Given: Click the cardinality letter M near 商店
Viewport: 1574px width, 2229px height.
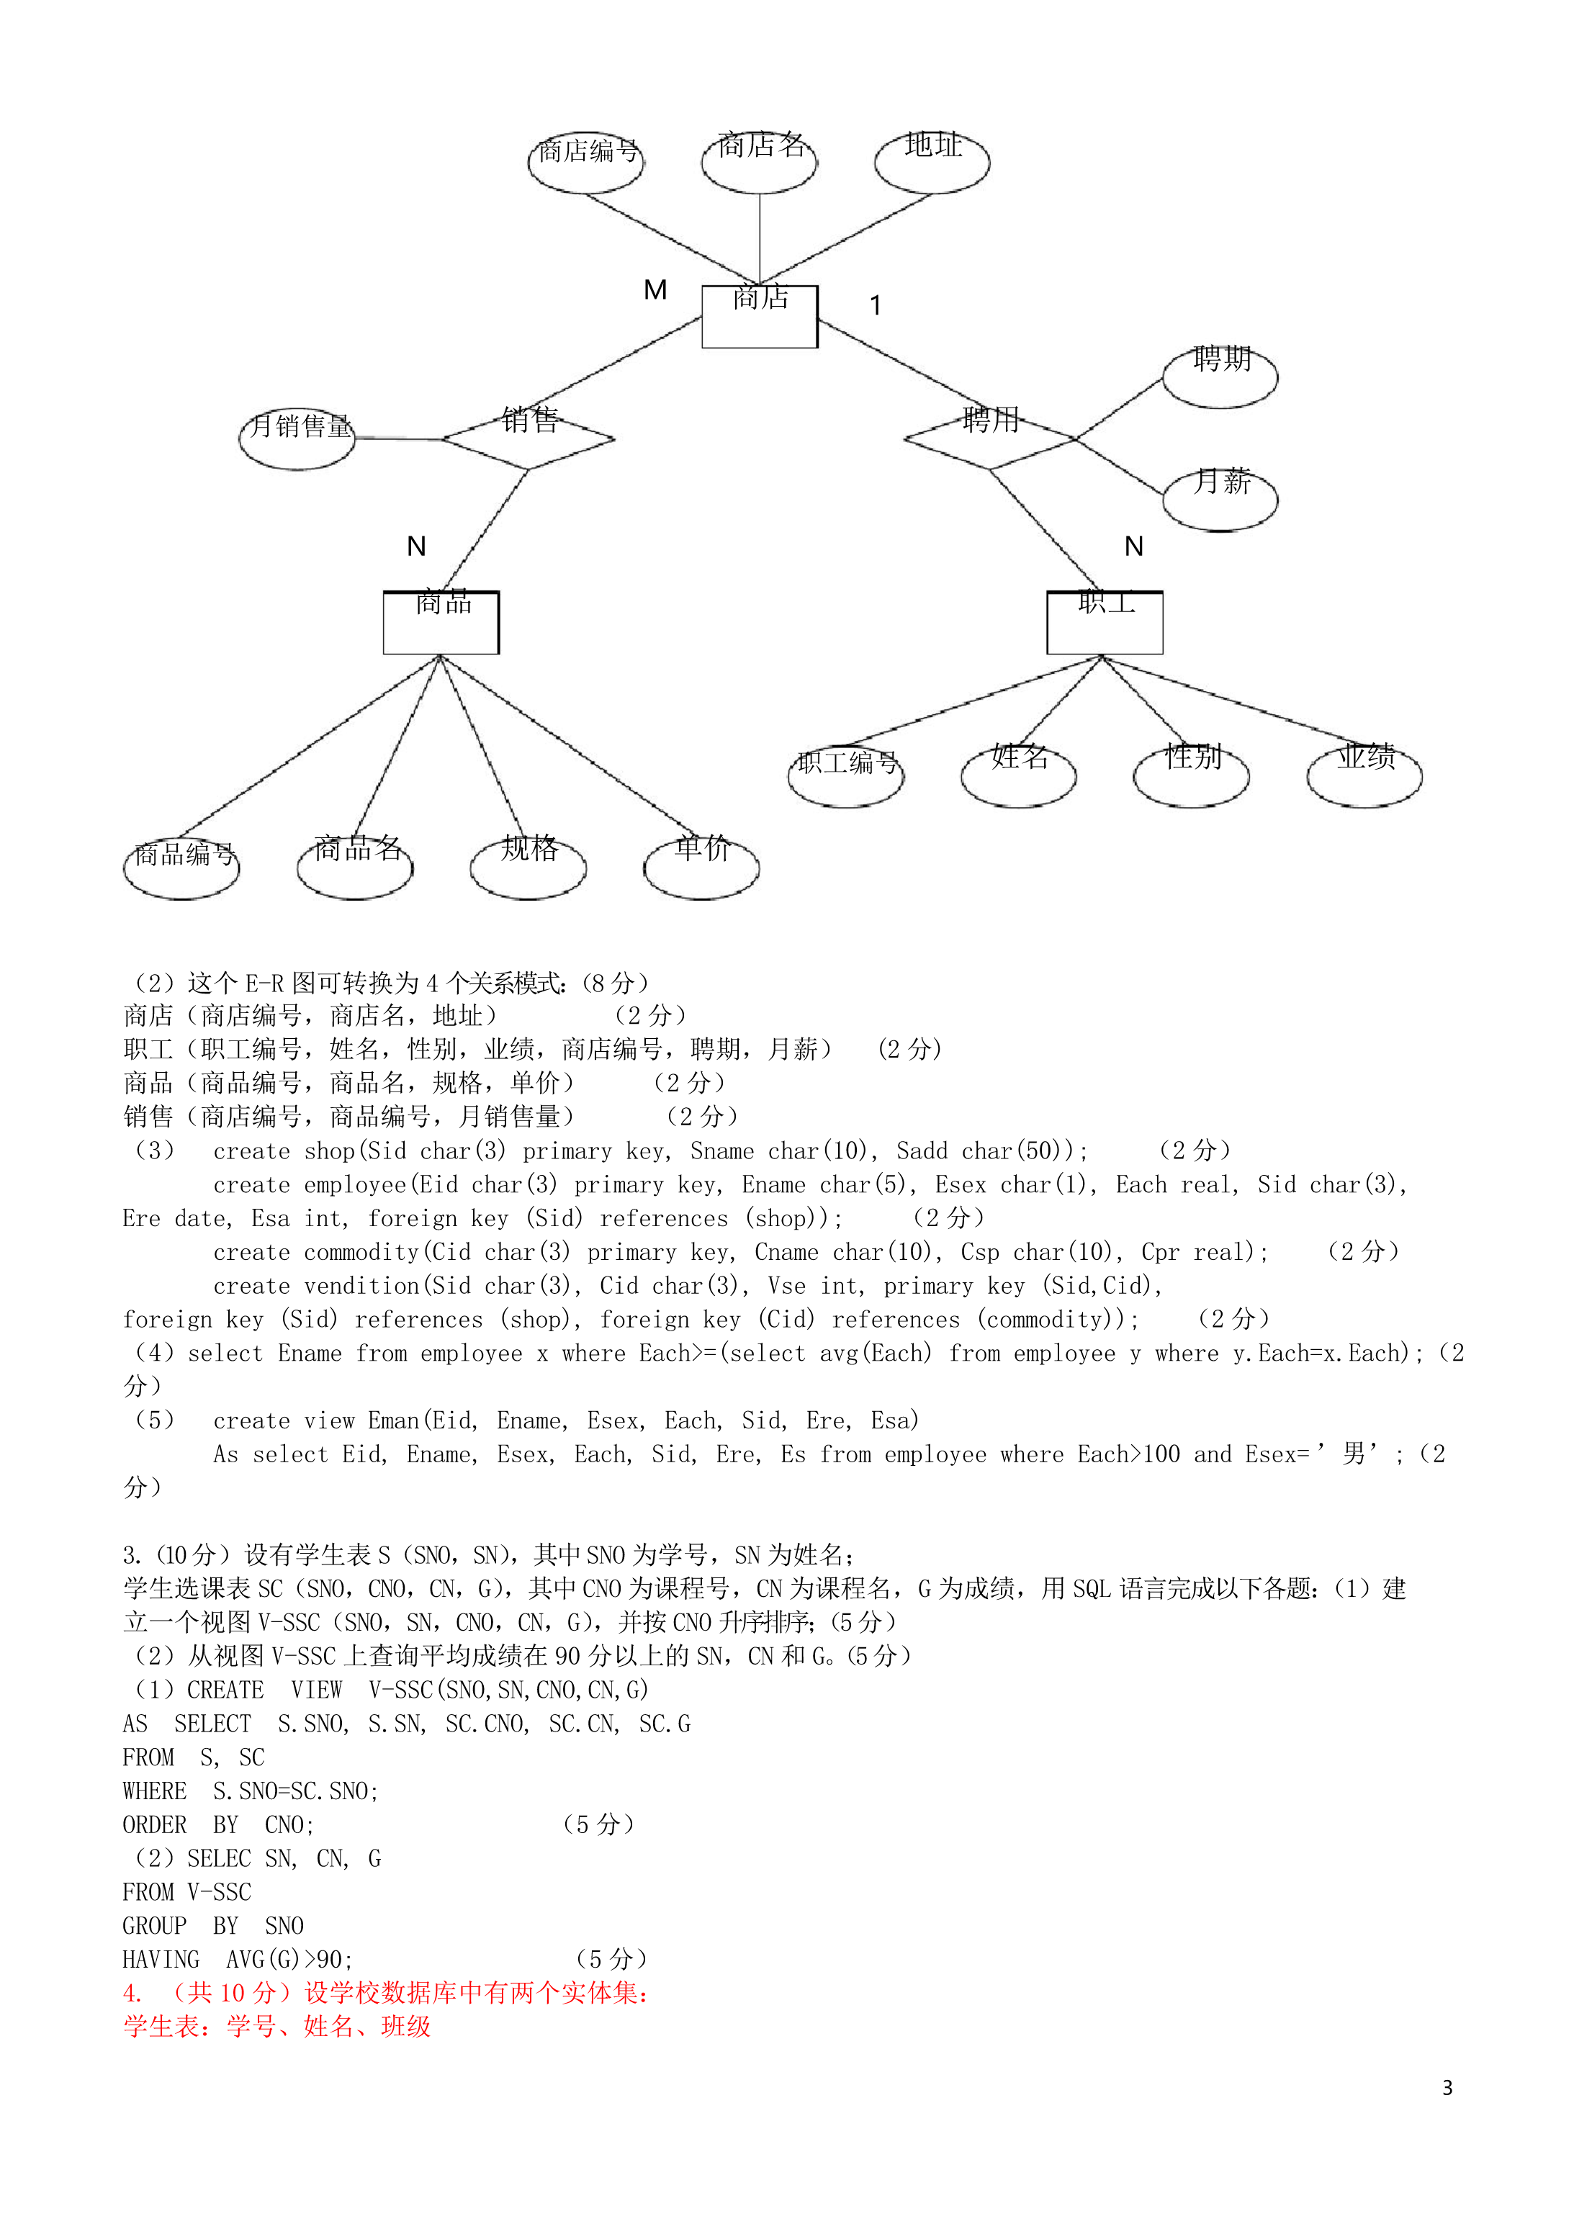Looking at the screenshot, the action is click(655, 289).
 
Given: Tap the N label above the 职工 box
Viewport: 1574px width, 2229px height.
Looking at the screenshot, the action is click(1133, 546).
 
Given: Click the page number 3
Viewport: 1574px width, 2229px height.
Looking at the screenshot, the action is click(1447, 2087).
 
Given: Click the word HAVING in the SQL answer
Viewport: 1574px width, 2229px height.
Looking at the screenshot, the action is click(161, 1959).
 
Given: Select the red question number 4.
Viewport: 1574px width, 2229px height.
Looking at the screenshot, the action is click(132, 1993).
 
